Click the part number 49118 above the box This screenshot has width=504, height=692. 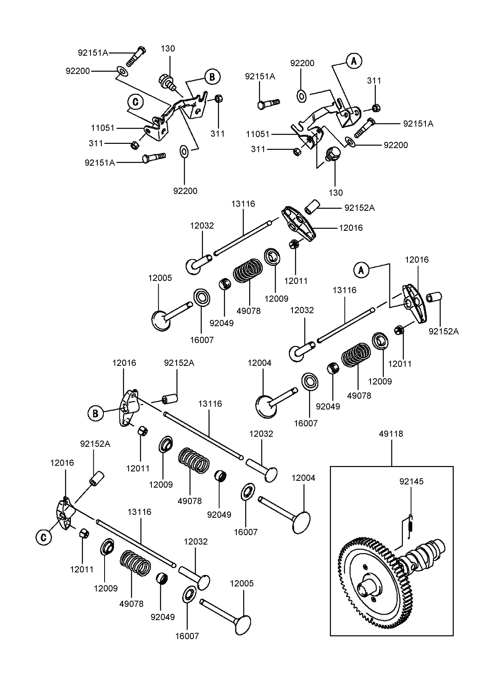click(391, 434)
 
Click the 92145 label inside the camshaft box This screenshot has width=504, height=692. click(411, 481)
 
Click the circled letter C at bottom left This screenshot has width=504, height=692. click(44, 537)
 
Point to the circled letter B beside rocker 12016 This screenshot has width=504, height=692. click(95, 413)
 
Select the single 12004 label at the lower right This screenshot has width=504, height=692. click(303, 478)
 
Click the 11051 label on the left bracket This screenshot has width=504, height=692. click(103, 128)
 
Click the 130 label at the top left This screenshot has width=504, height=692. click(168, 48)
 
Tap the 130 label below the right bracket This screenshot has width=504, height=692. click(336, 192)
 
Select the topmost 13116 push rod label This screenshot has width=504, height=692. click(243, 204)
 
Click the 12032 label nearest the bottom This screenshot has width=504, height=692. click(196, 541)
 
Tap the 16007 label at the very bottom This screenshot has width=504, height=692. click(187, 636)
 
